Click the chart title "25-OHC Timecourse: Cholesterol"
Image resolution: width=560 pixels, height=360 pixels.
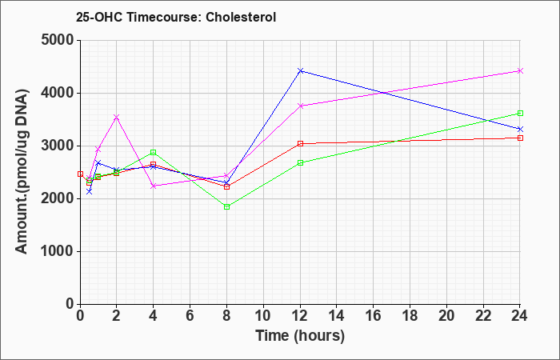tap(176, 17)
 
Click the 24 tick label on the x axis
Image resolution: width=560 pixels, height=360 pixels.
tap(520, 316)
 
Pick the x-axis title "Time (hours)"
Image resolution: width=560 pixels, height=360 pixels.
tap(300, 336)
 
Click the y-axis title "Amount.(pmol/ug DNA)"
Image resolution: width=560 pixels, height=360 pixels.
tap(22, 172)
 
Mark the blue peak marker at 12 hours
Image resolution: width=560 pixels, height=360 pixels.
tap(300, 70)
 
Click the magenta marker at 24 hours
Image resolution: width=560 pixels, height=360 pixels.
tap(520, 70)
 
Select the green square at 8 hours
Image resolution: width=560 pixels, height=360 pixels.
tap(226, 206)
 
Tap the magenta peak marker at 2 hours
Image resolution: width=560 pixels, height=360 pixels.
tap(116, 117)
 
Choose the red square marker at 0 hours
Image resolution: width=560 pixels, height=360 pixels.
tap(80, 174)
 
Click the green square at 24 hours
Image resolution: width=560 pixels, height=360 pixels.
tap(520, 114)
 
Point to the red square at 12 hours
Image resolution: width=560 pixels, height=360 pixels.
tap(300, 143)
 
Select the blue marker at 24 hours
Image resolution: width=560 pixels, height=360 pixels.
tap(520, 129)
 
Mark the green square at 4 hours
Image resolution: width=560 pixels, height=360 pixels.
tap(154, 152)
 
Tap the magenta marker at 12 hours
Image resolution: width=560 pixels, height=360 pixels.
tap(300, 106)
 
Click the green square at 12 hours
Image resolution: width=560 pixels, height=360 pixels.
tap(300, 162)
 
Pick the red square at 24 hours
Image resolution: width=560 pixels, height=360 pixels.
tap(520, 138)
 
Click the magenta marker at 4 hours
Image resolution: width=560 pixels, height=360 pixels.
tap(154, 186)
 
